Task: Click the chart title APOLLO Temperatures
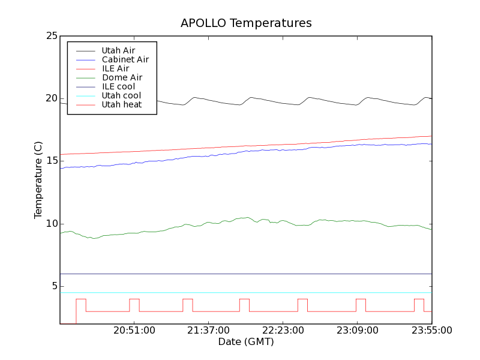(x=246, y=23)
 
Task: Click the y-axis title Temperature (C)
(x=38, y=180)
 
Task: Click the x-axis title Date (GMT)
(x=246, y=342)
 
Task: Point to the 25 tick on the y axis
(x=51, y=36)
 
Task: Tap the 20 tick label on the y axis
(x=51, y=98)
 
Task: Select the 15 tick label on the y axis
(x=51, y=161)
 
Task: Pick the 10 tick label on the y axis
(x=51, y=224)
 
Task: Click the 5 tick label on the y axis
(x=53, y=286)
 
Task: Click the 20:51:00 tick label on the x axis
(x=134, y=331)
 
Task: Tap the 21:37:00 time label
(x=209, y=331)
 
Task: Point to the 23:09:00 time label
(x=358, y=331)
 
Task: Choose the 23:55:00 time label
(x=431, y=331)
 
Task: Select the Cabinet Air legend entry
(x=125, y=59)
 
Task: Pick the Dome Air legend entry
(x=122, y=77)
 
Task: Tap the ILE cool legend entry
(x=118, y=86)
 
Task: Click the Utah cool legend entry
(x=121, y=95)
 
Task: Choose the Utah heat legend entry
(x=121, y=104)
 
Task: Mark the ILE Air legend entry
(x=115, y=68)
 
